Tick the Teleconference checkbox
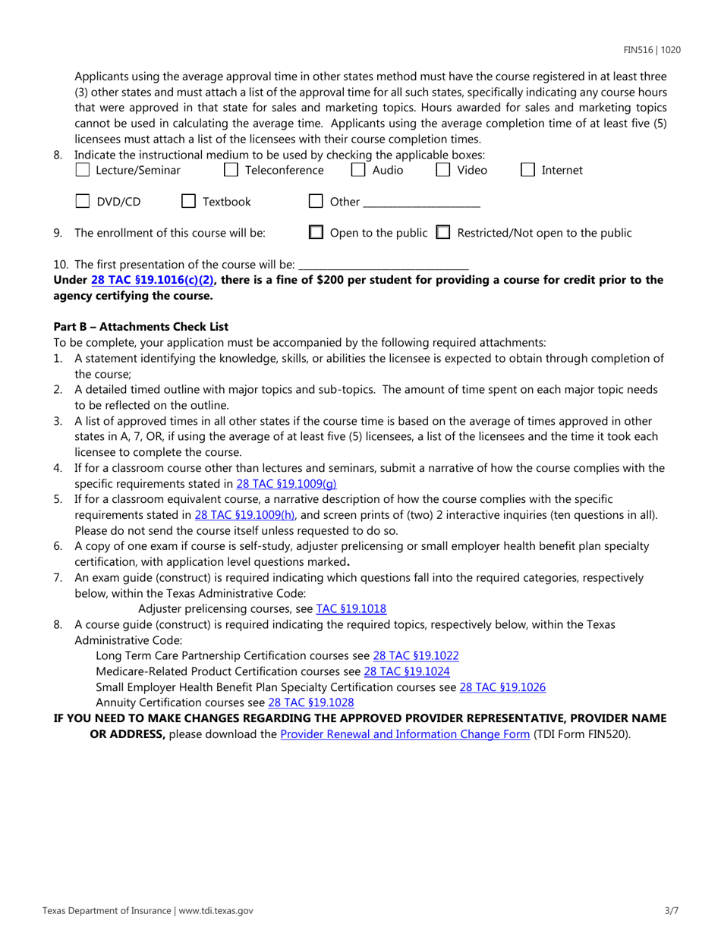(x=231, y=171)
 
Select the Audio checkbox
(x=358, y=171)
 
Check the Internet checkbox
(x=527, y=171)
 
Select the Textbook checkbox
(x=188, y=202)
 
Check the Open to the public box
(x=317, y=233)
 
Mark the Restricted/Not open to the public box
(x=445, y=233)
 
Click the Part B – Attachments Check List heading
(x=140, y=327)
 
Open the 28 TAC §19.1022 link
(x=415, y=656)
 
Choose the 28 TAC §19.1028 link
(x=311, y=703)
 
